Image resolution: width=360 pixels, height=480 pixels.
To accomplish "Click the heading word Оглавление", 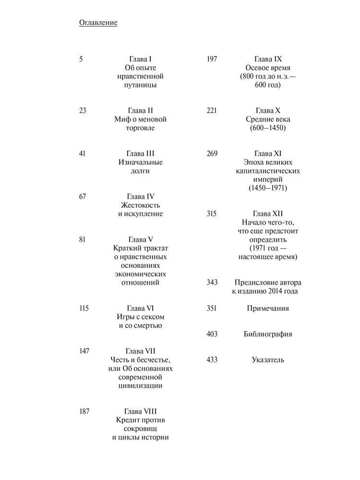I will (x=98, y=23).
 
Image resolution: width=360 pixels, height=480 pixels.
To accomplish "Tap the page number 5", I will (x=81, y=59).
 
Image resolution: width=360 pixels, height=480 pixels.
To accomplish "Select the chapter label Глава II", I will (x=141, y=110).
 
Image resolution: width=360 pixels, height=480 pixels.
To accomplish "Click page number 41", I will (x=83, y=154).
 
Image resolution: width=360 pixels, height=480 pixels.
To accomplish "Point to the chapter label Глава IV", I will (x=141, y=196).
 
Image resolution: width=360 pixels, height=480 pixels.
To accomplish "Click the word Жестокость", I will (x=141, y=205).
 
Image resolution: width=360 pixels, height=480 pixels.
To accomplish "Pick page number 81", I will (x=83, y=240).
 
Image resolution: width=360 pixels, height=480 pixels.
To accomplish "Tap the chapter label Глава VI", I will (x=141, y=308).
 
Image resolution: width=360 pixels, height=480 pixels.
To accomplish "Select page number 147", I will (x=84, y=351).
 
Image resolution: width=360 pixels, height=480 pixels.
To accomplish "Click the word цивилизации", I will (x=141, y=385).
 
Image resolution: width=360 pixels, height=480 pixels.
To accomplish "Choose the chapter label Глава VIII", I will (x=141, y=411).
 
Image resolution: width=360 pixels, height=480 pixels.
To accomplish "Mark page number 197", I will (x=212, y=59).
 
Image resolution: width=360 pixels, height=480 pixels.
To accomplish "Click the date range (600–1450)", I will (x=268, y=128).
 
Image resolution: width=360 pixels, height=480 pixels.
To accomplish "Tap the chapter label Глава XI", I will (x=268, y=154).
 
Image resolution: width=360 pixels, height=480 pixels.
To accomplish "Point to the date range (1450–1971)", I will (x=268, y=188).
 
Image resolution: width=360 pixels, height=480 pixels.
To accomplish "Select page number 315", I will (x=212, y=214).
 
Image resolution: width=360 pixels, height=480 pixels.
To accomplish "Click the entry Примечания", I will (x=268, y=308).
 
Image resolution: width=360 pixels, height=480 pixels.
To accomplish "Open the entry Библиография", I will (x=268, y=334).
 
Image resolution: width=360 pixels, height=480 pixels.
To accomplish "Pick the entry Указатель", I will (x=268, y=360).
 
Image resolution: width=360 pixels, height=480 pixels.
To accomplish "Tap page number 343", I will (x=212, y=283).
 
